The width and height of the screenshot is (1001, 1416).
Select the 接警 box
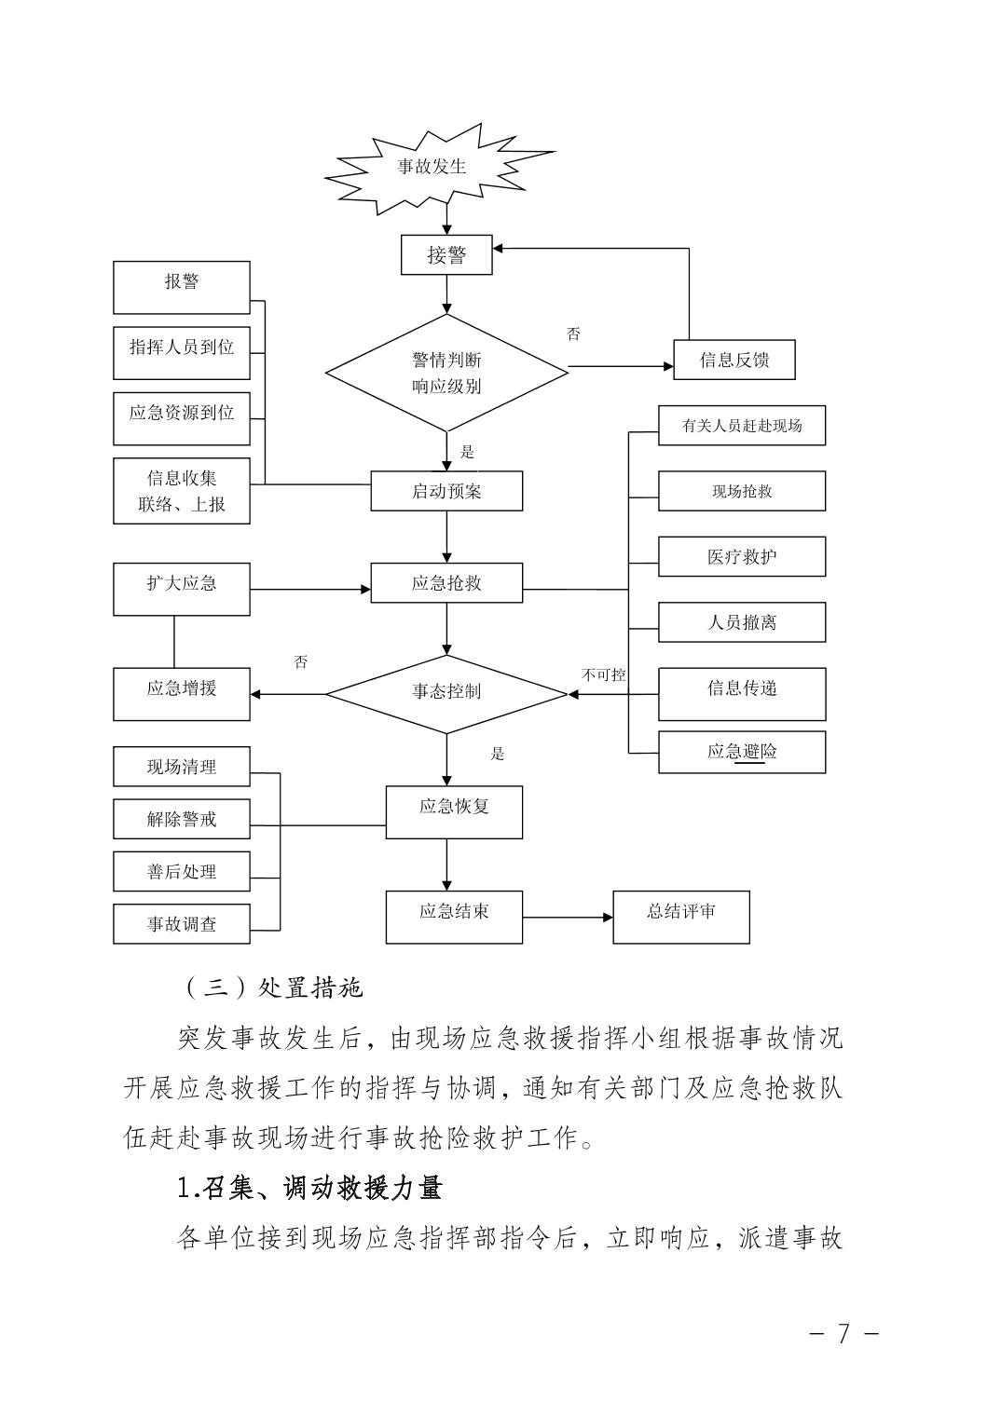tap(446, 254)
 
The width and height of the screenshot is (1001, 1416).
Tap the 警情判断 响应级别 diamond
tap(446, 373)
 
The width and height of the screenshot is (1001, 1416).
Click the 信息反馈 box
tap(734, 360)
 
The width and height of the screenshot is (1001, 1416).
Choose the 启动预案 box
tap(446, 491)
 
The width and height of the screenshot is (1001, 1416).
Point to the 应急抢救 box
tap(446, 584)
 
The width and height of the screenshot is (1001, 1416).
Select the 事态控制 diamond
tap(446, 693)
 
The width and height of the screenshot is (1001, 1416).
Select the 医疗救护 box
tap(742, 556)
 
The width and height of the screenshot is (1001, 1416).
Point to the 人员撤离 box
tap(742, 622)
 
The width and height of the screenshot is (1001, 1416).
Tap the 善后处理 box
tap(182, 871)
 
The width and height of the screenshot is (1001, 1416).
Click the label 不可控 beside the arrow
tap(604, 674)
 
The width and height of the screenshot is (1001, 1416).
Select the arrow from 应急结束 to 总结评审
tap(567, 918)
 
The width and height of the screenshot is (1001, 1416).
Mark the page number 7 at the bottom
tap(843, 1333)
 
